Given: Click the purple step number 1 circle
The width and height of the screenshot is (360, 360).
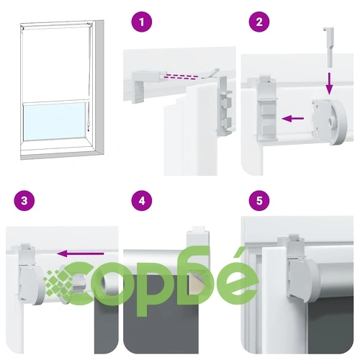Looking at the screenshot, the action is pos(142,22).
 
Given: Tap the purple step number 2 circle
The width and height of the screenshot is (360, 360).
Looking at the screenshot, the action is pos(259,22).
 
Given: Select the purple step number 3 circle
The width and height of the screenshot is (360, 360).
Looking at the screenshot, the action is pos(24,200).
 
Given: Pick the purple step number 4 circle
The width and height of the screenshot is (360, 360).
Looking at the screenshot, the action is pos(142,200).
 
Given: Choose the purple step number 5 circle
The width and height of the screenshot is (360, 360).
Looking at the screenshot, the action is pos(259,200).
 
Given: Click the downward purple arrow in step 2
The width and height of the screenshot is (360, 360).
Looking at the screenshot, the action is pos(330,84).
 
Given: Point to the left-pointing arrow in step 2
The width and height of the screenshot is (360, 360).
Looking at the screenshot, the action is pos(293,118).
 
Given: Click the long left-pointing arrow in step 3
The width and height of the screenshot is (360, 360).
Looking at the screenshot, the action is pos(81,253).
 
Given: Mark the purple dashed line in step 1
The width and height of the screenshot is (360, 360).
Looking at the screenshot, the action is pos(181,76).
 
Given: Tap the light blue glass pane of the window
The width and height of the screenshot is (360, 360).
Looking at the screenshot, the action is pos(55,121).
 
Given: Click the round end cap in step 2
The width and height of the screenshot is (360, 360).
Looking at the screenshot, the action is pos(329,122).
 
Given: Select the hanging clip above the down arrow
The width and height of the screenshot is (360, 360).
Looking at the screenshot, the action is pos(328,47).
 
